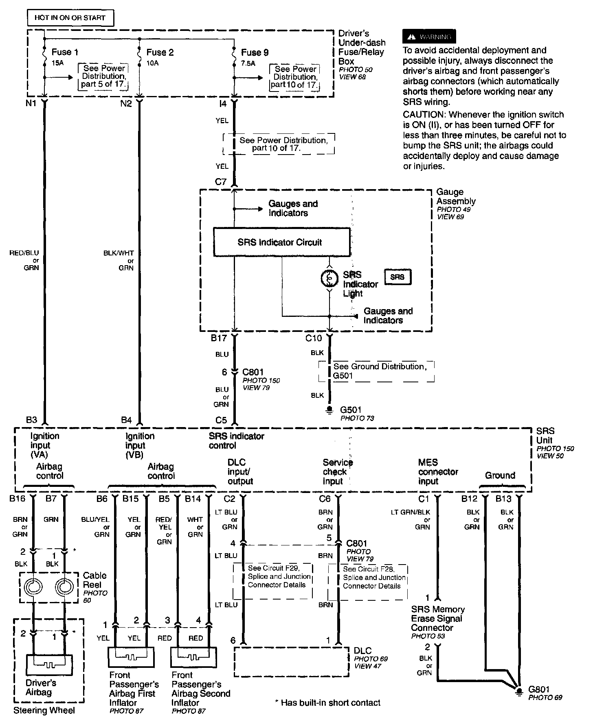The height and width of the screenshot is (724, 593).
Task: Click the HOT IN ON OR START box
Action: point(70,18)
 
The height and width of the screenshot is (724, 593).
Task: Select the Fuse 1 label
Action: point(65,52)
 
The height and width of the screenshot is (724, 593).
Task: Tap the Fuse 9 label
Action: point(255,52)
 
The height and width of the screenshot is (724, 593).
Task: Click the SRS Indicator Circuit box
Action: point(281,242)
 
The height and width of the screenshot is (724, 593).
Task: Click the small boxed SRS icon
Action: point(397,277)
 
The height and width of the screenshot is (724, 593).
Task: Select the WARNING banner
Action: point(429,37)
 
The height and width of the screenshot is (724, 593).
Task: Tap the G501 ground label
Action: point(351,410)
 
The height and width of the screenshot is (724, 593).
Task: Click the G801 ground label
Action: point(539,689)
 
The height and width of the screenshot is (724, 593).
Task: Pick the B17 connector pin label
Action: point(219,338)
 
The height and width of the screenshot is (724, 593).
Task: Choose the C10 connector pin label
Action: point(314,338)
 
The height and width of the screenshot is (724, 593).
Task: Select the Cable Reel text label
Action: point(94,580)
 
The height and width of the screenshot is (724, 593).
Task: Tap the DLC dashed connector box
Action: point(291,662)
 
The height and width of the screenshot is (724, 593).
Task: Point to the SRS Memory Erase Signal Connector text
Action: point(437,618)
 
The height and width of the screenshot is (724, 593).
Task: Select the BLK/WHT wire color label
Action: point(119,253)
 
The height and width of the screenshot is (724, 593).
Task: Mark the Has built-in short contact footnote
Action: point(328,703)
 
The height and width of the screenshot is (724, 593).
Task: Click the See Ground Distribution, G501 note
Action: point(380,371)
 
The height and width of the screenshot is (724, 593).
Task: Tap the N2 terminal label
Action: point(126,104)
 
